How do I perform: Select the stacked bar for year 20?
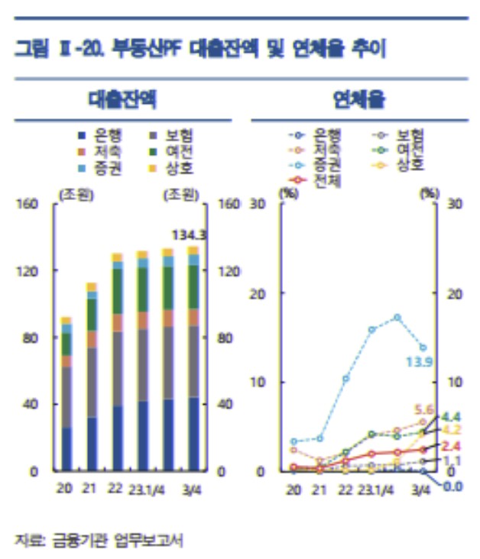(67, 393)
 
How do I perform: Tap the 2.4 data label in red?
(452, 445)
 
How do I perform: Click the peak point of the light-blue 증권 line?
(397, 317)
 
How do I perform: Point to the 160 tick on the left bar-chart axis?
(28, 205)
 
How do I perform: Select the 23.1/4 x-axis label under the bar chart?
(148, 490)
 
